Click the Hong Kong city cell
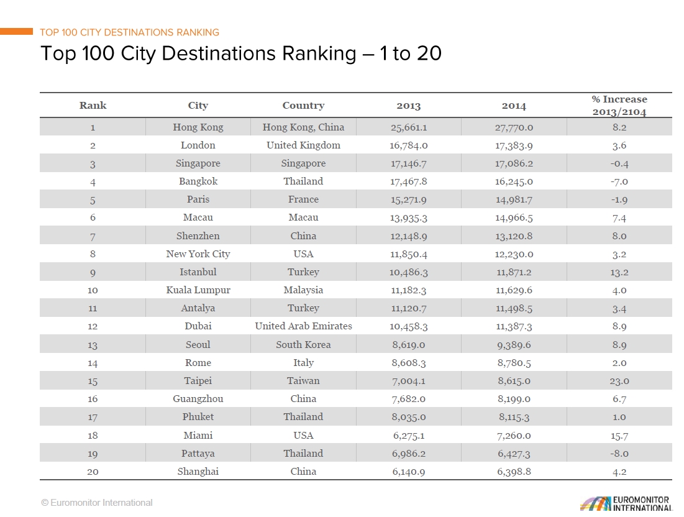[198, 127]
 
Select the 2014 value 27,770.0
[514, 127]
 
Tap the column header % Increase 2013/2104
[619, 105]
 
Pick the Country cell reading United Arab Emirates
[303, 326]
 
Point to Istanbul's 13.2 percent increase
[619, 272]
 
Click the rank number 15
[93, 381]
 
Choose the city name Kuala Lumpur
[198, 290]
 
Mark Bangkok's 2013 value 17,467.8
[409, 181]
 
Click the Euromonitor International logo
[626, 503]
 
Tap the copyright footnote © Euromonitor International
[97, 503]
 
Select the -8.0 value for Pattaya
[619, 454]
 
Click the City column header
[198, 106]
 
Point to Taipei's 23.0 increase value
[619, 381]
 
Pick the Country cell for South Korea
[303, 345]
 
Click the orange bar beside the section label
[17, 31]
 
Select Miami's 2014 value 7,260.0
[514, 436]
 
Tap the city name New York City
[198, 254]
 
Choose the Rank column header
[93, 106]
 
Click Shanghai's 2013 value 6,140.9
[409, 472]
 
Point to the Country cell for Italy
[303, 363]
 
